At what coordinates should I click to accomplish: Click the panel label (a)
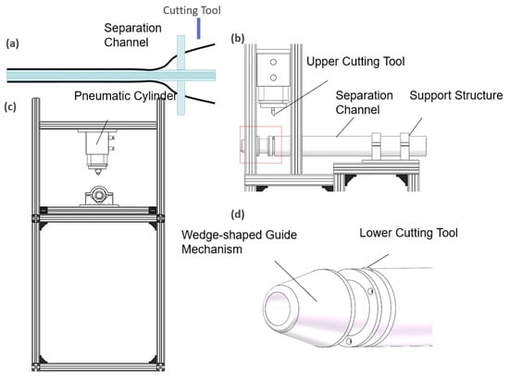click(x=13, y=43)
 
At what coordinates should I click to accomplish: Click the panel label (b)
click(x=237, y=38)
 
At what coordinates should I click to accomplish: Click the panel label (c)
click(x=10, y=107)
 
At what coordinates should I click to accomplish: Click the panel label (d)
click(x=237, y=214)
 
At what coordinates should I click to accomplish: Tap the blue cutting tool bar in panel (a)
click(x=198, y=29)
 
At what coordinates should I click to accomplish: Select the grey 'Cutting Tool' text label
click(x=192, y=10)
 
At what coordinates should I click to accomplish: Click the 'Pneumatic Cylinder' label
click(x=126, y=96)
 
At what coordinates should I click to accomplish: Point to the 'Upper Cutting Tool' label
click(x=355, y=62)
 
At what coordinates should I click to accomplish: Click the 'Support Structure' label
click(x=456, y=95)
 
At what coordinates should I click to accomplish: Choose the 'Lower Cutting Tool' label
click(x=408, y=233)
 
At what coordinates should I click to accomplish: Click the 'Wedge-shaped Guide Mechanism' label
click(x=240, y=242)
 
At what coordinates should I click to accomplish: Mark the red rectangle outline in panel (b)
click(x=261, y=126)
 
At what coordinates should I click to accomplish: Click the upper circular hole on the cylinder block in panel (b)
click(x=273, y=62)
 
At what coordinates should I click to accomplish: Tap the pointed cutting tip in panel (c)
click(x=98, y=171)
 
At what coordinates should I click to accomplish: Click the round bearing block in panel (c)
click(x=99, y=196)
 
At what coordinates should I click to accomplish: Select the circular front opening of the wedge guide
click(x=277, y=308)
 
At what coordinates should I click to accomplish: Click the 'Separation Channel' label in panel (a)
click(x=132, y=35)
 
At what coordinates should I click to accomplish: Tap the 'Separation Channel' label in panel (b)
click(x=364, y=103)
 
